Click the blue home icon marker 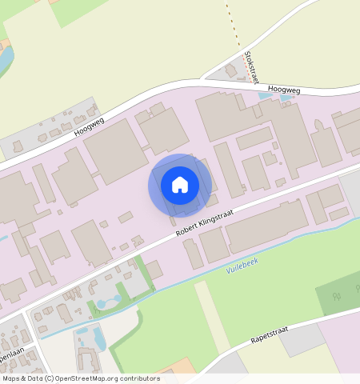(x=180, y=186)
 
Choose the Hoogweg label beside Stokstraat (x=284, y=90)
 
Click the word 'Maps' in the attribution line (x=12, y=378)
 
